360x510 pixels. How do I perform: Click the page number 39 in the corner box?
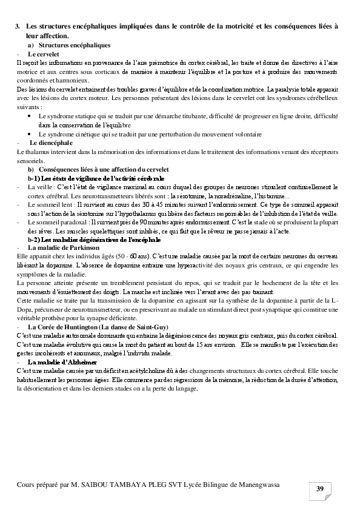click(x=320, y=489)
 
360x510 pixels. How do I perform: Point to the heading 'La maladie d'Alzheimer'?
click(x=63, y=361)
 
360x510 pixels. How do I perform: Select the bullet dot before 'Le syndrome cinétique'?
click(x=31, y=133)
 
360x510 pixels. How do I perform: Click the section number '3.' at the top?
click(x=18, y=27)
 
